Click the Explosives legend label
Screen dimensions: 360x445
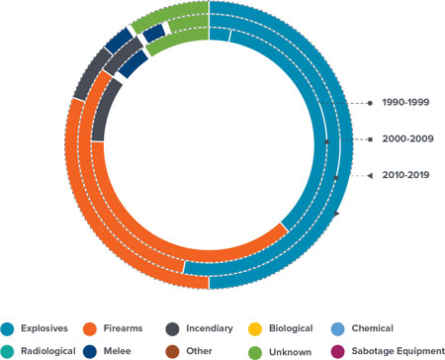click(52, 328)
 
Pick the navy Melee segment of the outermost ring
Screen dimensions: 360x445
click(118, 39)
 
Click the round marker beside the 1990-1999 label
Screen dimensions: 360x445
click(369, 103)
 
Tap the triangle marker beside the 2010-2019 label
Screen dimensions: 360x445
click(369, 175)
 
